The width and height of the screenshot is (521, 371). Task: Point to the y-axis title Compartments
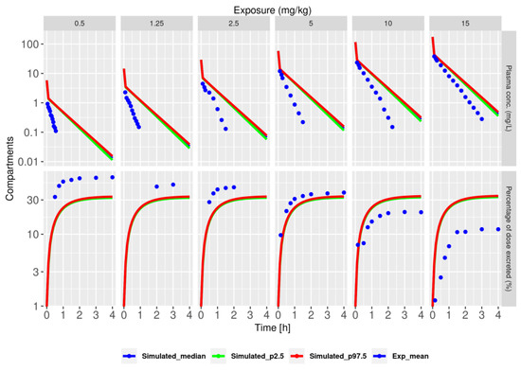(x=8, y=170)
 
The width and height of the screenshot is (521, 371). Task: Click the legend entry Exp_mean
(x=441, y=357)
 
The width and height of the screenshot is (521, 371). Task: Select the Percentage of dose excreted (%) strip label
(x=512, y=240)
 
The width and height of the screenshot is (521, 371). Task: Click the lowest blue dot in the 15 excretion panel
(x=435, y=301)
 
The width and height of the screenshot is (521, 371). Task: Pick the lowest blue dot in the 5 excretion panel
(x=280, y=235)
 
